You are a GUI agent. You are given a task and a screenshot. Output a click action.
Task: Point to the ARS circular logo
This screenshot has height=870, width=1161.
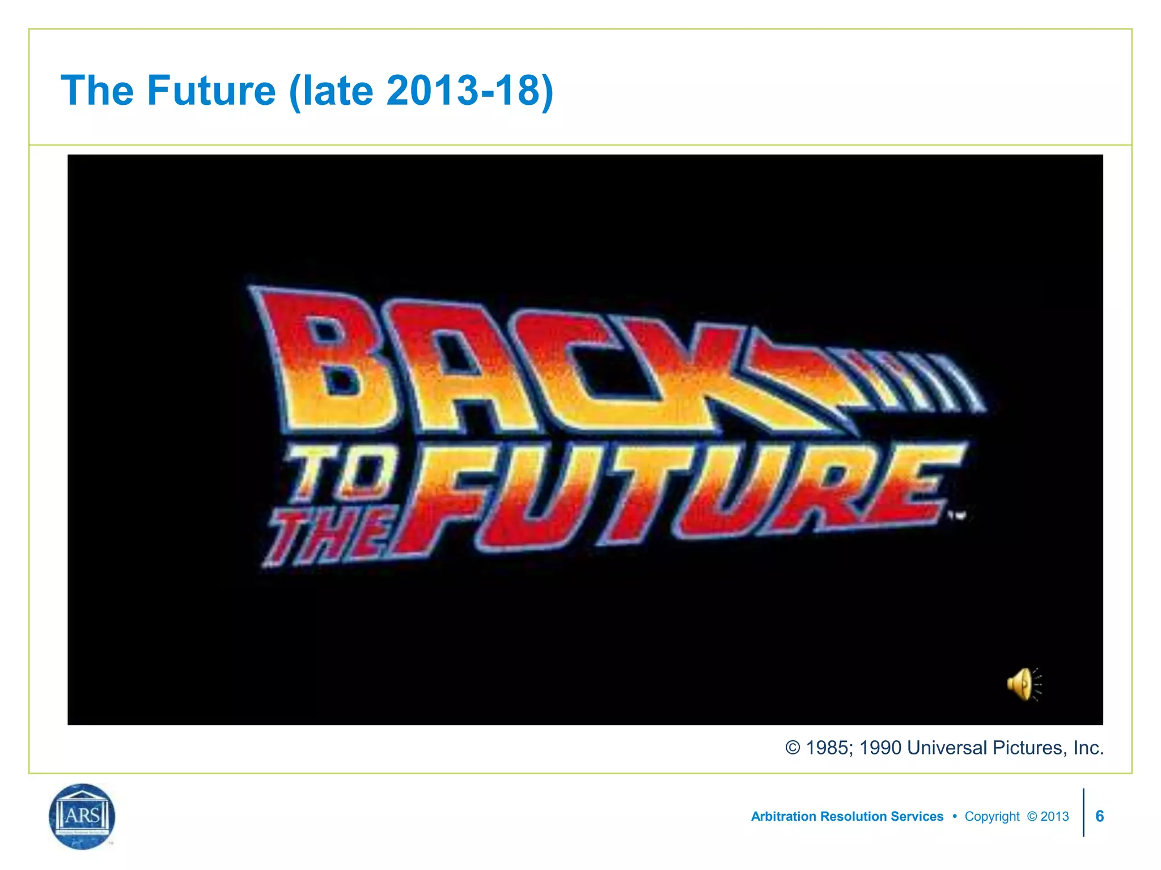point(82,816)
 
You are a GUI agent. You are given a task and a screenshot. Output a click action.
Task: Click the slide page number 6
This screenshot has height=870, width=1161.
point(1099,816)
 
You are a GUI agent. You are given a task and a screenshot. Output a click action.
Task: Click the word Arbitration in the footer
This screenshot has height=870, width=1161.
point(783,816)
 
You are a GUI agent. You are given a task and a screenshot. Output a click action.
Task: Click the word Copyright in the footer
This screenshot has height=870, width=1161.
point(992,816)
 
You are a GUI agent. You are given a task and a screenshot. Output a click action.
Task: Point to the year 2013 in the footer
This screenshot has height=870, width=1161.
point(1054,816)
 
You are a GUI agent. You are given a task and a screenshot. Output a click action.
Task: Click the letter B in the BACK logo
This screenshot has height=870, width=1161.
point(323,360)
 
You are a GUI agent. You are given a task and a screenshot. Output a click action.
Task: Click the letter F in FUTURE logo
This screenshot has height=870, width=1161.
point(448,498)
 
